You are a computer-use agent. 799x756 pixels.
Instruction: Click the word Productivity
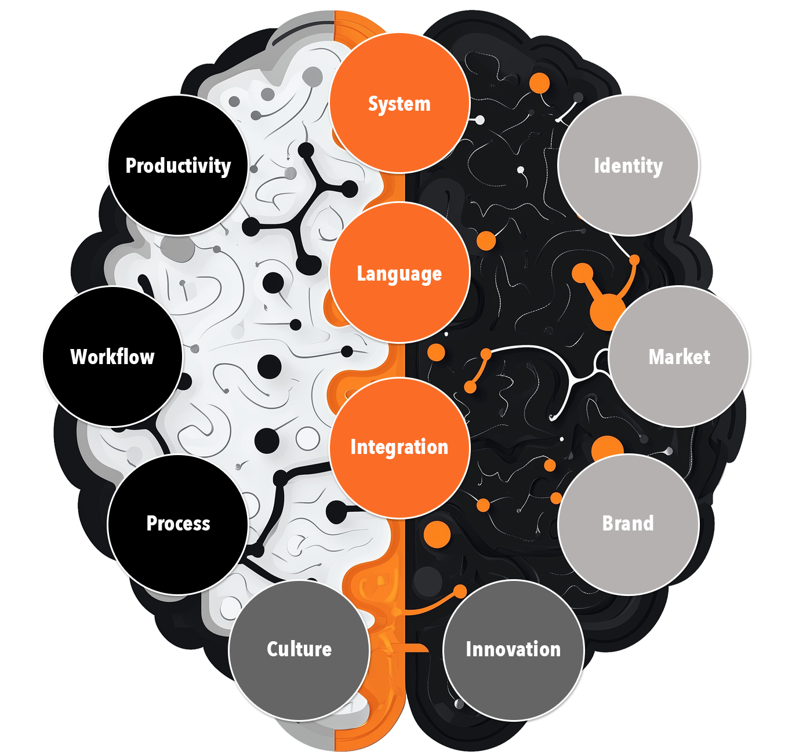click(x=178, y=166)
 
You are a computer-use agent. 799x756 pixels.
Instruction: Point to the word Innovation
click(x=513, y=649)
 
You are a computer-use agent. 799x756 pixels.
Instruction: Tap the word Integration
click(x=399, y=448)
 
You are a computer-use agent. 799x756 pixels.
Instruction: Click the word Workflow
click(x=112, y=357)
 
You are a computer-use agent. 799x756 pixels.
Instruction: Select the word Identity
click(x=628, y=166)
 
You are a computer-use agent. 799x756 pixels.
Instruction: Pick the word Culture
click(x=299, y=649)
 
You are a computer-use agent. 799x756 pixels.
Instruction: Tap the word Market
click(x=679, y=357)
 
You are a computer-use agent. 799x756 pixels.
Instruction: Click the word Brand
click(x=628, y=524)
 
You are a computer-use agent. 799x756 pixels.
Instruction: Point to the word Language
click(x=399, y=274)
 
